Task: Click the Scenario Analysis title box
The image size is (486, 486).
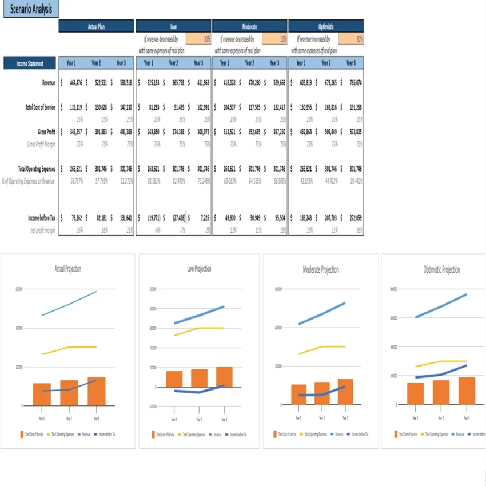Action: point(31,9)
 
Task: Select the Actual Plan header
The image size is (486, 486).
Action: point(96,26)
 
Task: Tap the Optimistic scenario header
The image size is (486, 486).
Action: point(325,26)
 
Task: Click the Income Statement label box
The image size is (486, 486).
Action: point(30,63)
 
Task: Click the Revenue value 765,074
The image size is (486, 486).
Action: point(355,83)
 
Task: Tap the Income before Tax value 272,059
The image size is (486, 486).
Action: point(355,218)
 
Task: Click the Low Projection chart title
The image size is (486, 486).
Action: point(199,269)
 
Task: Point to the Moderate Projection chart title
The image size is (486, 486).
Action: point(321,270)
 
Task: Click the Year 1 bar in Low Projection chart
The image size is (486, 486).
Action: point(174,379)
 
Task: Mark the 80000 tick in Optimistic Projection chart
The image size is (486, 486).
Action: point(393,289)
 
